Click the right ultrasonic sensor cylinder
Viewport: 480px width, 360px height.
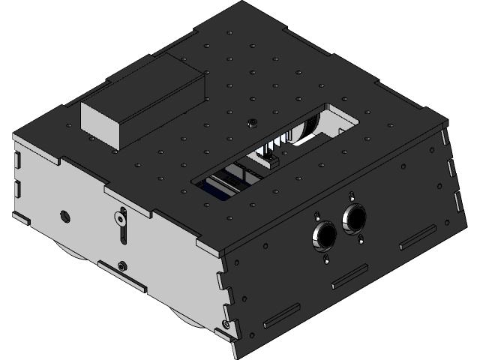click(354, 217)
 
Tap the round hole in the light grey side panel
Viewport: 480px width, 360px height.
click(65, 216)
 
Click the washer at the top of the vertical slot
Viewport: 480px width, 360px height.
click(119, 219)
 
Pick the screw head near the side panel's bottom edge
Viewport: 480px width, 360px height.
click(122, 265)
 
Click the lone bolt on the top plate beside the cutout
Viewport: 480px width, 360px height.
click(253, 121)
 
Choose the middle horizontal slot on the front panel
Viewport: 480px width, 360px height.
click(349, 277)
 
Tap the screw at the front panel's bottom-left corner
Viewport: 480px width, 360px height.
click(226, 325)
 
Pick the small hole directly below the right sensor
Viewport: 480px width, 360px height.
click(362, 240)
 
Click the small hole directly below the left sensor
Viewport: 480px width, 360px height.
click(327, 259)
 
